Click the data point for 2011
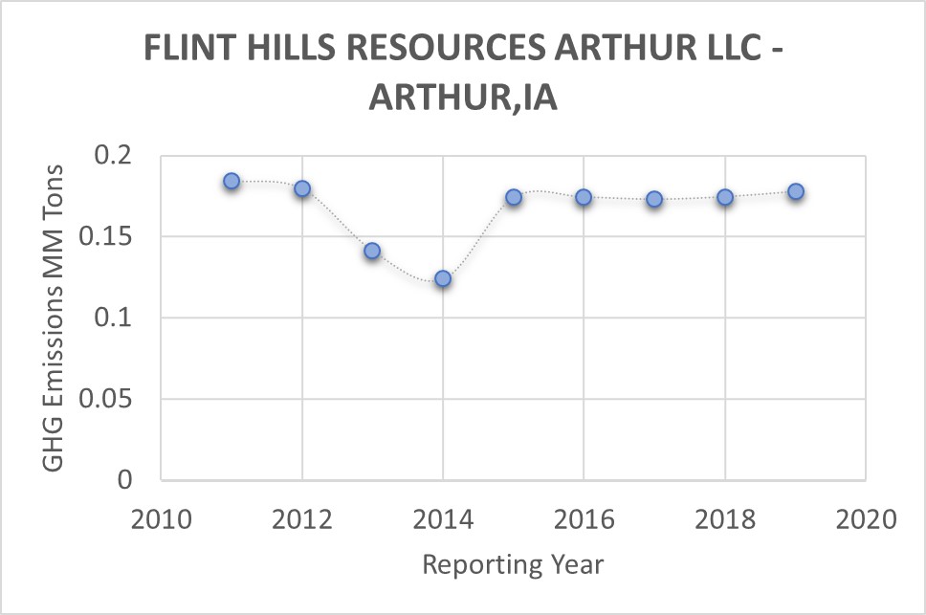click(x=231, y=181)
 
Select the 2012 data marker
click(x=302, y=188)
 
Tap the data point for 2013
click(x=372, y=251)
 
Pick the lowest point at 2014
click(x=443, y=278)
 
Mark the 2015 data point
click(x=514, y=197)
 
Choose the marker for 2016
click(x=584, y=197)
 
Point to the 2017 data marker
click(x=654, y=199)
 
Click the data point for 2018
click(x=725, y=197)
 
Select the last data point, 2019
click(x=795, y=191)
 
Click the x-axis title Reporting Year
click(x=513, y=564)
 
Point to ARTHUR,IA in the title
click(x=463, y=97)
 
